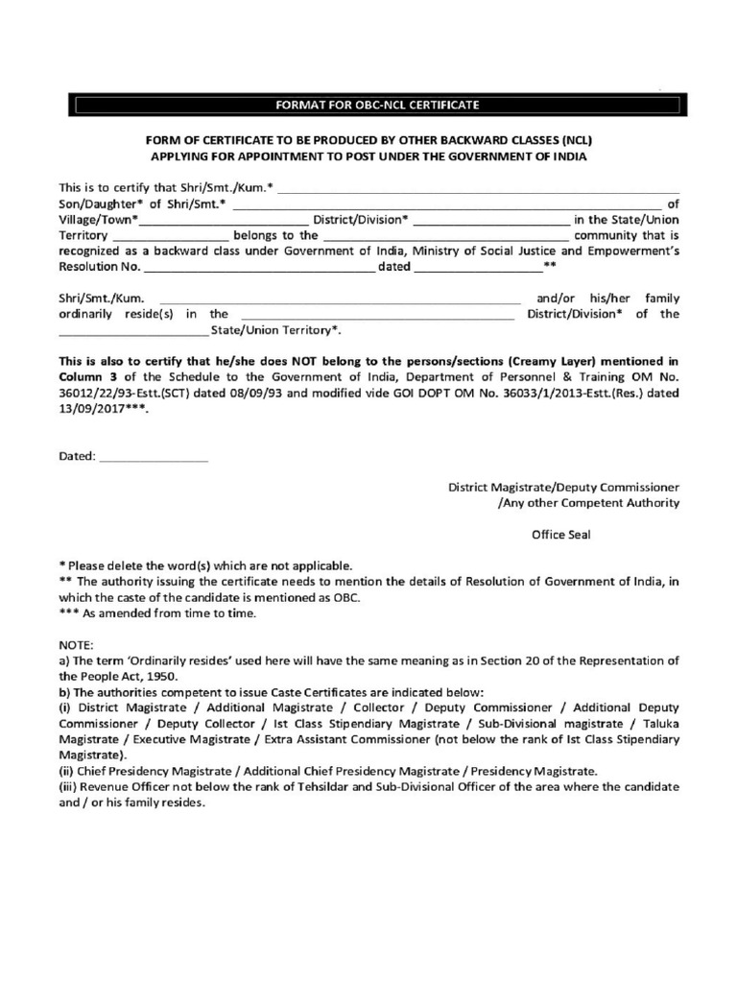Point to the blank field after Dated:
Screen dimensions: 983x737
tap(154, 458)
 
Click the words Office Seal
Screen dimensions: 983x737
tap(561, 535)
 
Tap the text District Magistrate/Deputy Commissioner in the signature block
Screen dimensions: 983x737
tap(564, 487)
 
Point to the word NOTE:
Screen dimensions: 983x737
tap(76, 645)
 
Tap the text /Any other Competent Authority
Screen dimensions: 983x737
tap(588, 502)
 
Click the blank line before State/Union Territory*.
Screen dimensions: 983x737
tap(132, 330)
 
